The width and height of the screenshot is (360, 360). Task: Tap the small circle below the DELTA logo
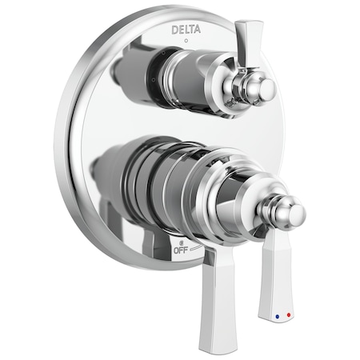[x=185, y=40]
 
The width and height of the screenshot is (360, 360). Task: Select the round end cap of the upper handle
[x=264, y=89]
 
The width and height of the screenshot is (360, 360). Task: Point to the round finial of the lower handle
[x=290, y=213]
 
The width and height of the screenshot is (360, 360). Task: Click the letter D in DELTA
[x=174, y=30]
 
